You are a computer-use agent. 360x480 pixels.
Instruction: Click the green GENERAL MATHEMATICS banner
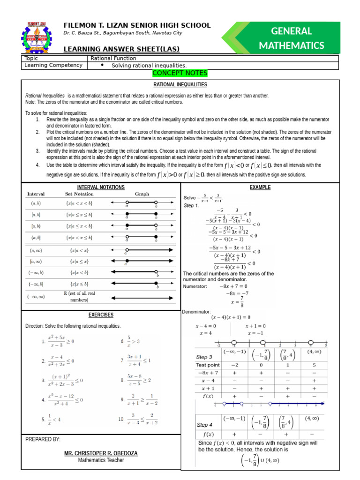(291, 38)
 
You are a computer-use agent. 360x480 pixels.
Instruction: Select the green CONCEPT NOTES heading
(180, 74)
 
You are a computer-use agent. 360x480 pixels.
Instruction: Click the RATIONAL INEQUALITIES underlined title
(180, 84)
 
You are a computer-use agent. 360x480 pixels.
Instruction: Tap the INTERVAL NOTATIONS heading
(101, 187)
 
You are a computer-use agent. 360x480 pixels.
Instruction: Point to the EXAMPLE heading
(260, 187)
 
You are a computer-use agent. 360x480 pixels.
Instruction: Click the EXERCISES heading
(101, 315)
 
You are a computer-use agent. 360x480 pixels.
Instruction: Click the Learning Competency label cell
(53, 65)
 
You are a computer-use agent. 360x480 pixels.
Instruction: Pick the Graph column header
(142, 194)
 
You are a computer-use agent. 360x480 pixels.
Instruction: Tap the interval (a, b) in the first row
(36, 203)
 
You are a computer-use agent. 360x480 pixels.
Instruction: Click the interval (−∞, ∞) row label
(36, 296)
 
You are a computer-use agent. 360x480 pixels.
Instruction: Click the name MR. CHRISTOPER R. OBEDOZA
(101, 454)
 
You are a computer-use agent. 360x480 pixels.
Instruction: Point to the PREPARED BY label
(43, 439)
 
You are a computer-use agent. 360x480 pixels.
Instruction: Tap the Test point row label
(208, 365)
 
